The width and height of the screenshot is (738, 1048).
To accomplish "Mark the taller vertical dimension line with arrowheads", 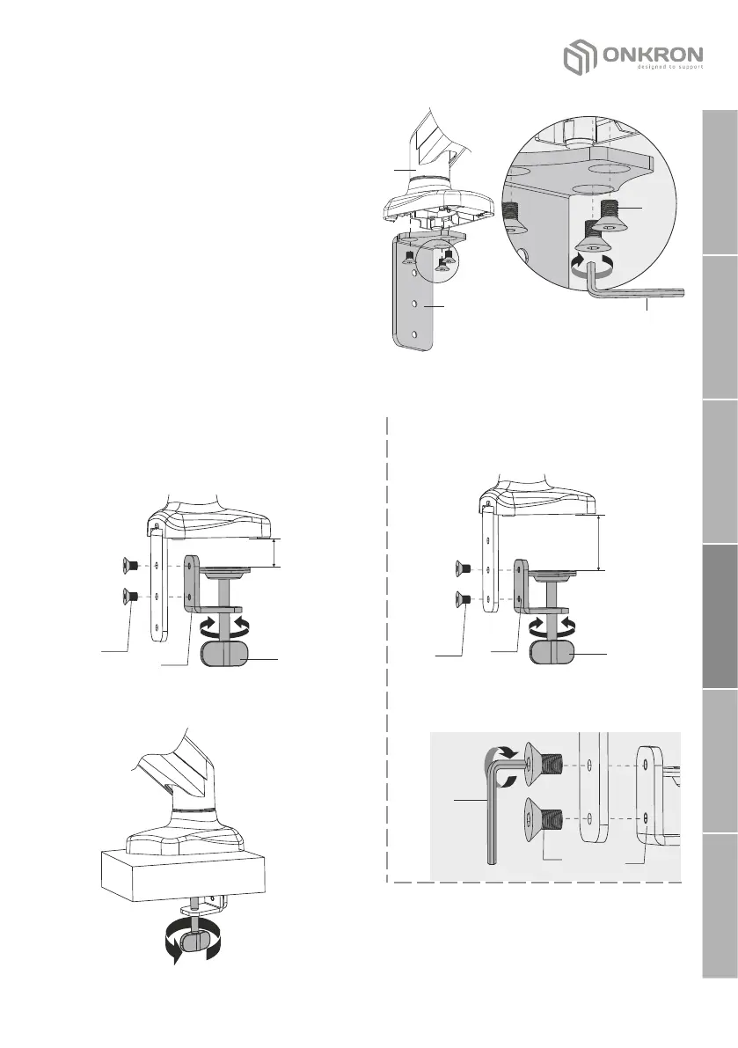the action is [598, 543].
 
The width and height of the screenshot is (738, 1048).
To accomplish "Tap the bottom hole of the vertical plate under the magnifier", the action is [413, 334].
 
